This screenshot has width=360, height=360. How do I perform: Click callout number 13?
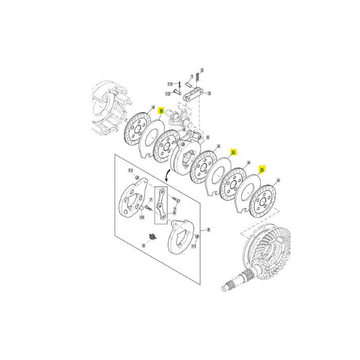169,83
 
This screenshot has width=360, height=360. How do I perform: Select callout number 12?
168,94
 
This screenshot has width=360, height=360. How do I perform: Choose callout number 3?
209,94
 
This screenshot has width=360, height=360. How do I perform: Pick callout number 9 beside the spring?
144,246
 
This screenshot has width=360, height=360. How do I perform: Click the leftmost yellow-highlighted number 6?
161,111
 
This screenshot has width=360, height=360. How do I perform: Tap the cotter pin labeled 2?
197,76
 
